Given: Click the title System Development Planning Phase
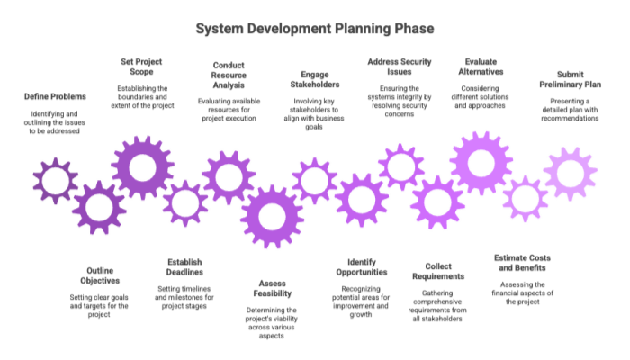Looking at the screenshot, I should click(315, 30).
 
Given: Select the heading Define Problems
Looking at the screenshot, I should click(55, 96).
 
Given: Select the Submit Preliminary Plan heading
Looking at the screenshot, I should click(569, 79).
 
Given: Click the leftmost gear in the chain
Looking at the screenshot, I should click(55, 181).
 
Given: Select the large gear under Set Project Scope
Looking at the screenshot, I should click(141, 167).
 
